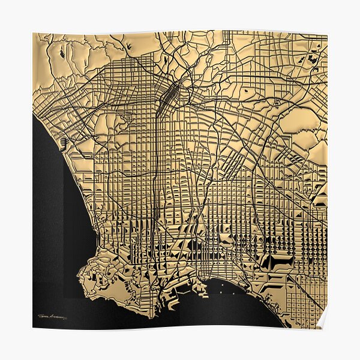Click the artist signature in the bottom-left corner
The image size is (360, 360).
pyautogui.click(x=52, y=316)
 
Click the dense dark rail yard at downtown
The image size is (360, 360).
pyautogui.click(x=170, y=93)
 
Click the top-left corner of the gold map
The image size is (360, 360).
pyautogui.click(x=33, y=33)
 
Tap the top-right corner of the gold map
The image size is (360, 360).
pyautogui.click(x=327, y=33)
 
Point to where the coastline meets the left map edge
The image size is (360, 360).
pyautogui.click(x=34, y=114)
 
